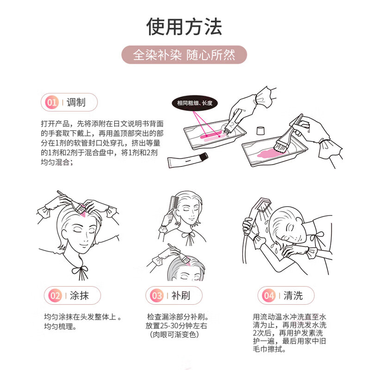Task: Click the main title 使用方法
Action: [x=185, y=26]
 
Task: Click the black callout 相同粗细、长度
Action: [x=195, y=103]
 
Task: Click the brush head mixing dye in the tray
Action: [x=279, y=145]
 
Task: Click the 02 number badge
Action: [x=55, y=295]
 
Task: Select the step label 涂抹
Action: [x=79, y=295]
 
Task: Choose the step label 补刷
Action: [x=181, y=295]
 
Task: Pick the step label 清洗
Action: [x=293, y=295]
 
